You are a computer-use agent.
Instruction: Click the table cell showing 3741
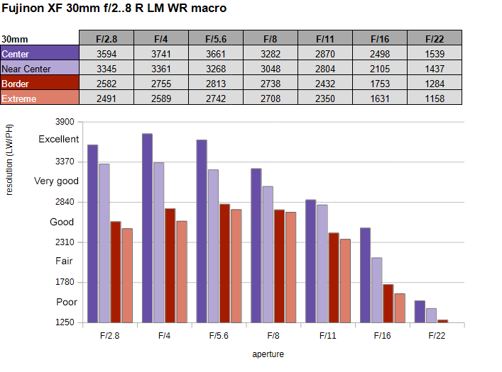click(161, 53)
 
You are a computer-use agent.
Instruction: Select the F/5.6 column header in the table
click(216, 38)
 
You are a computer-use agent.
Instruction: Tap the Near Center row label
click(39, 68)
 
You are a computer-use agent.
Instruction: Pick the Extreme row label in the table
click(39, 98)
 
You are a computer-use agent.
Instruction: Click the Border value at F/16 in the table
click(380, 83)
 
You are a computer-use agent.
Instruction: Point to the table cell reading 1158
click(435, 98)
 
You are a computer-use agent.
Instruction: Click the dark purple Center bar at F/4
click(147, 228)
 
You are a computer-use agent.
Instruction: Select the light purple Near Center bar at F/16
click(377, 291)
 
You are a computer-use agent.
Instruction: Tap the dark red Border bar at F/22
click(443, 321)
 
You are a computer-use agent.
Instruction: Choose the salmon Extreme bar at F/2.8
click(127, 276)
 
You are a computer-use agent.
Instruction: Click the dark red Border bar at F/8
click(279, 266)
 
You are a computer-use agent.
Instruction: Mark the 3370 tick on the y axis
click(65, 162)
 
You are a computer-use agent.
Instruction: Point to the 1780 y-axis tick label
click(65, 282)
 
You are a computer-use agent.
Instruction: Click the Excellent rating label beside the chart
click(59, 139)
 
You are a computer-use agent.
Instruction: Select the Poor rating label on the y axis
click(67, 302)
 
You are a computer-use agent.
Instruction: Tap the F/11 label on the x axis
click(328, 336)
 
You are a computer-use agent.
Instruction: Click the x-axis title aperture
click(268, 354)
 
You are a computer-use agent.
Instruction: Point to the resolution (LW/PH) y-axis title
click(9, 159)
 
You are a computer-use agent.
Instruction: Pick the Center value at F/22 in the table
click(435, 53)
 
